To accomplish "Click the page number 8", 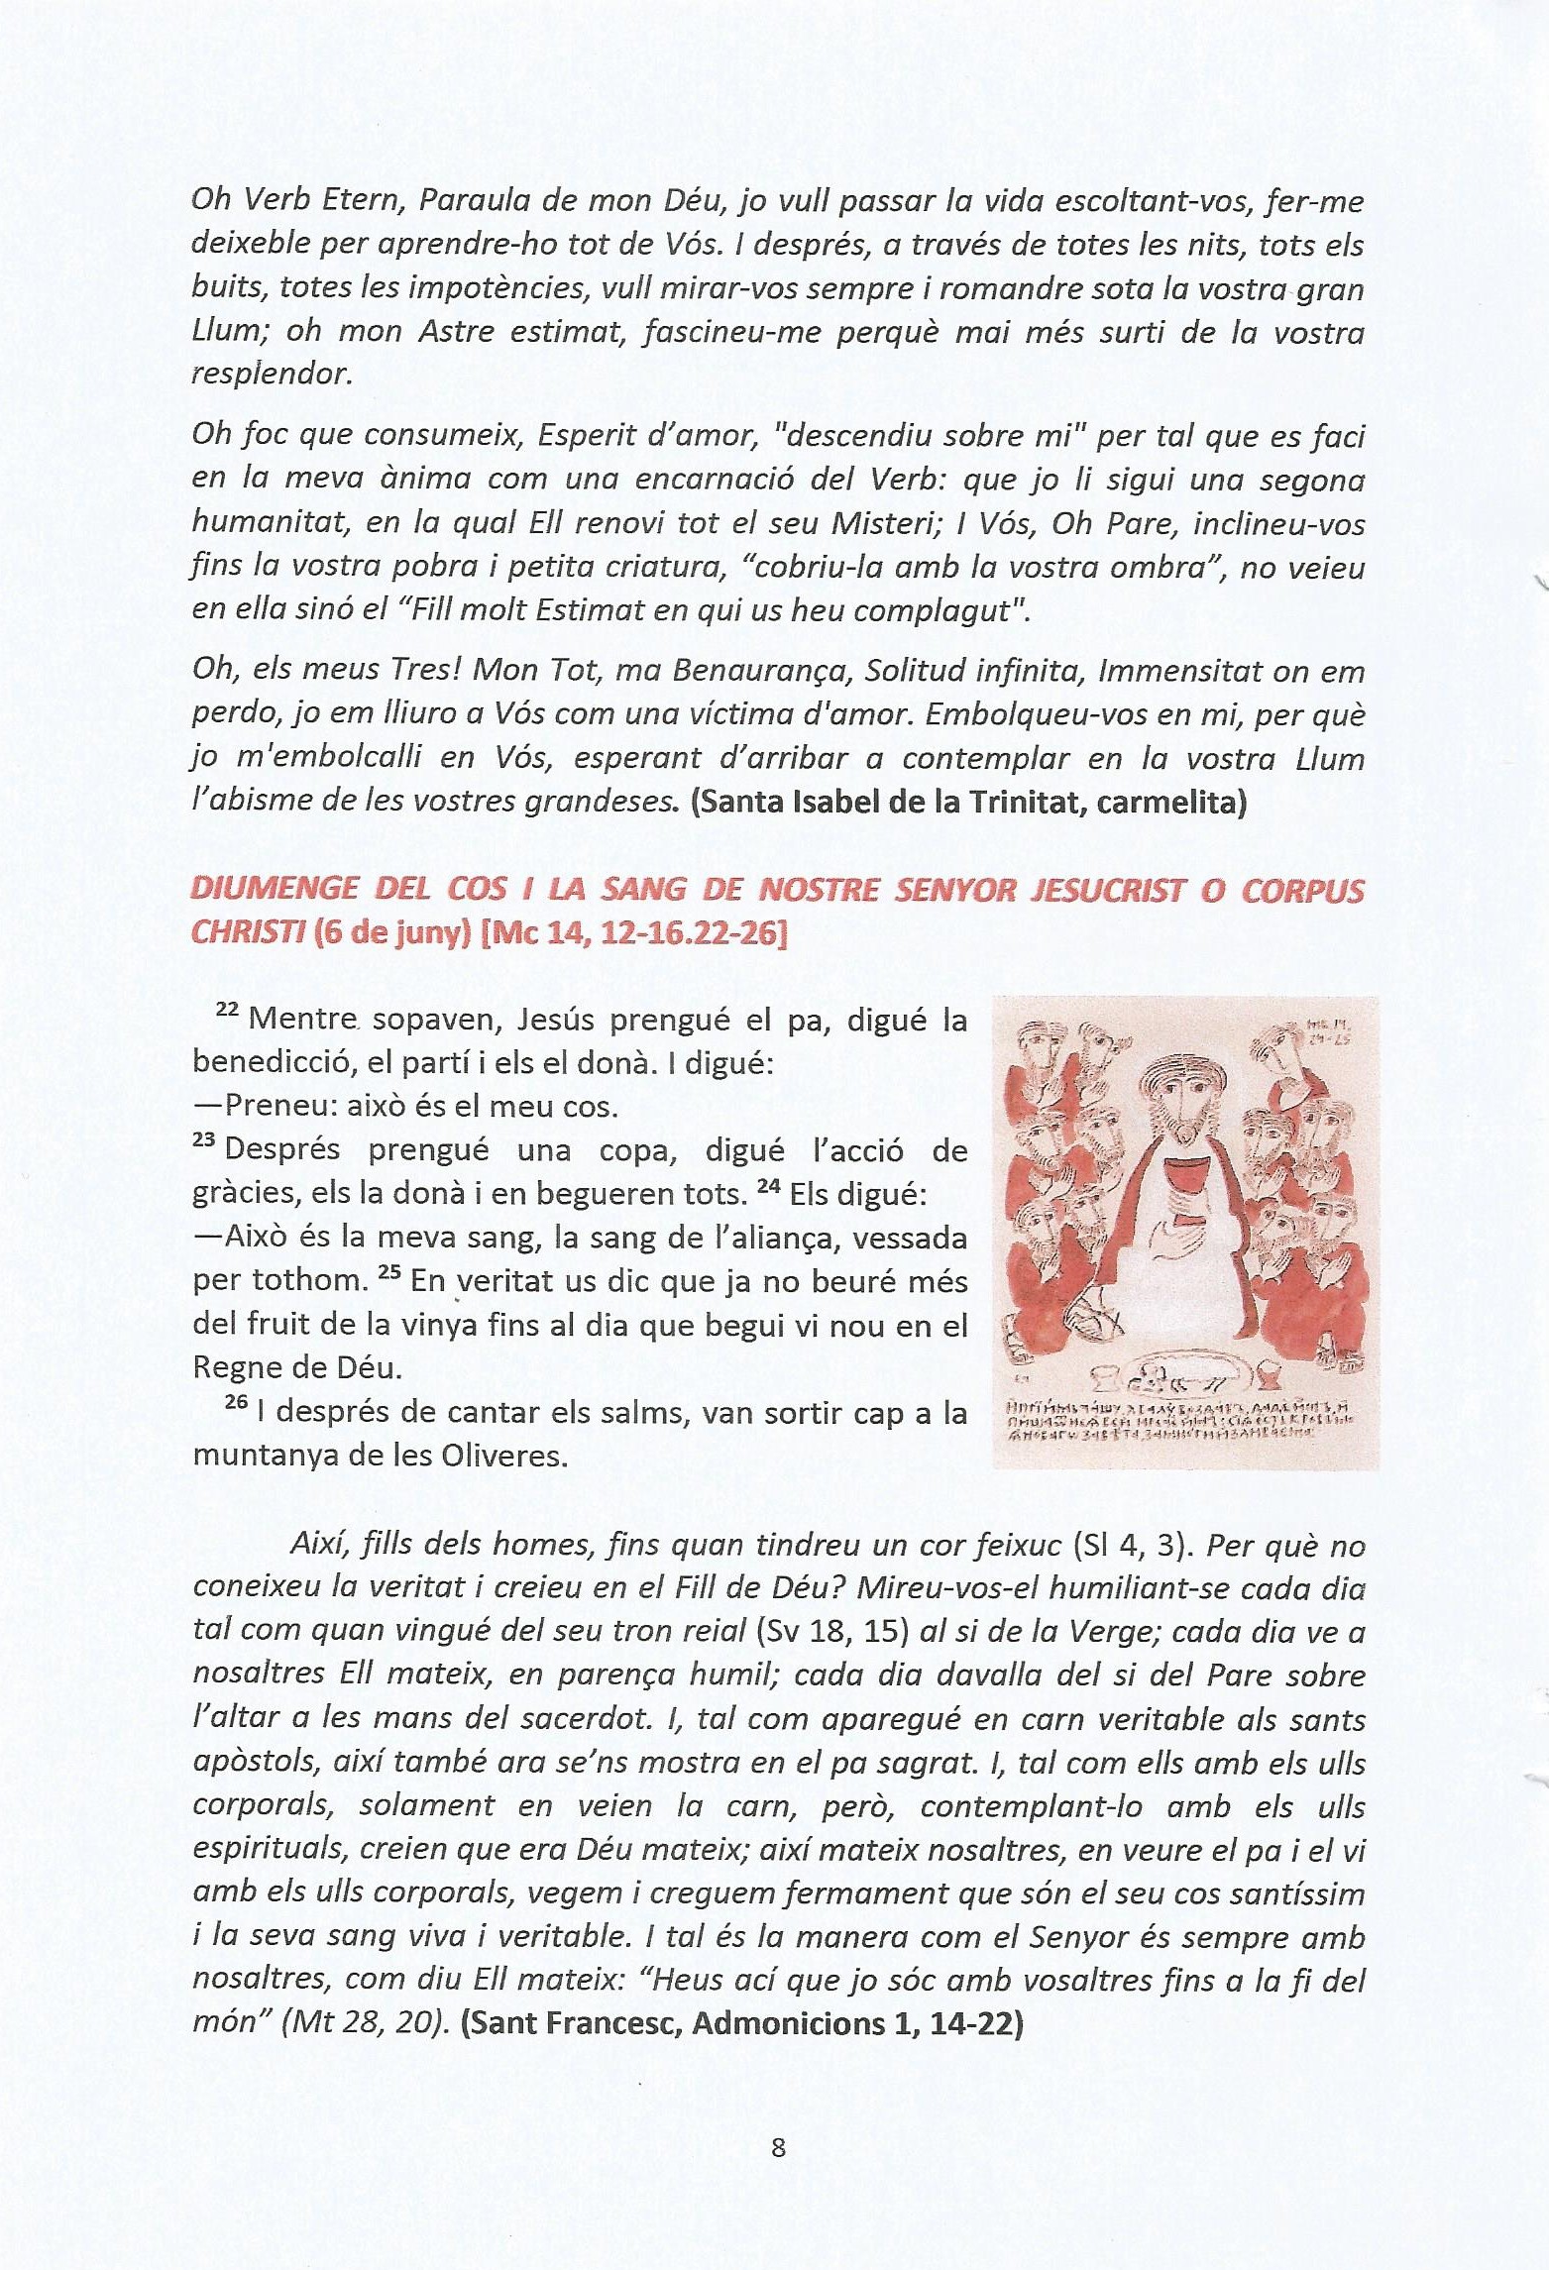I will (777, 2146).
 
